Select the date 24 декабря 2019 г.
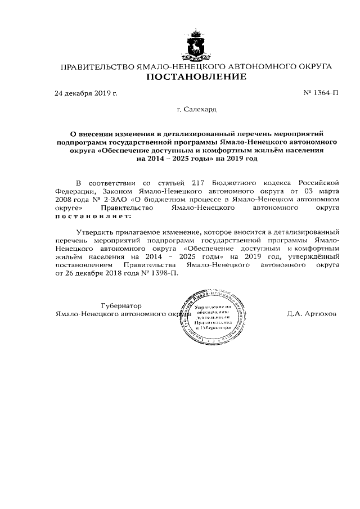(85, 93)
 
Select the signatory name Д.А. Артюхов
(311, 314)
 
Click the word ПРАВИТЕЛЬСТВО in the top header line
(98, 66)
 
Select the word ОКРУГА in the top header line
(311, 66)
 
